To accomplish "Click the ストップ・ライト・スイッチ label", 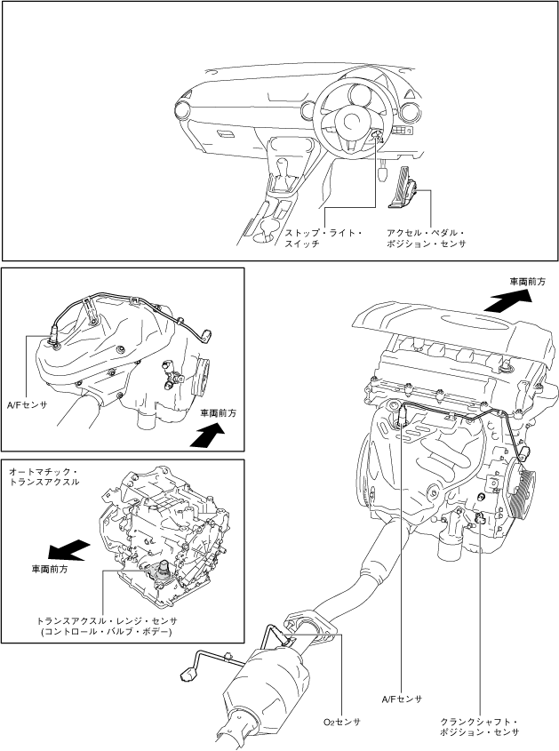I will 323,237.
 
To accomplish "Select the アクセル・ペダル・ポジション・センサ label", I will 426,237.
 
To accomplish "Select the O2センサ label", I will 341,722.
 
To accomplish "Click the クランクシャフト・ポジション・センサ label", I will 479,726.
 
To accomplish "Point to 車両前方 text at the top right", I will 527,281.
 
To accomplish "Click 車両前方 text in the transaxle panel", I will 50,569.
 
